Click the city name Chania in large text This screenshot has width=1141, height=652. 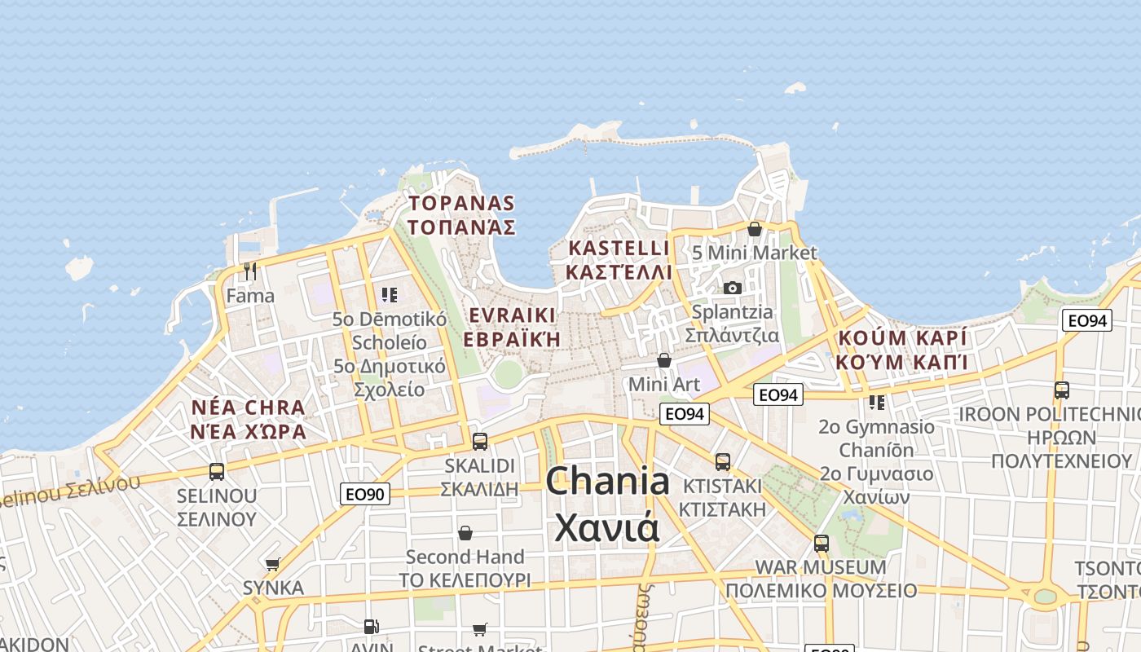tap(607, 481)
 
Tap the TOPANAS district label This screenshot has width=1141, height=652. tap(461, 203)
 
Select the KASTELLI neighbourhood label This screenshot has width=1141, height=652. tap(619, 248)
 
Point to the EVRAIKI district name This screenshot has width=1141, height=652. tap(513, 315)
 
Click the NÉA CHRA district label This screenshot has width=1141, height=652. tap(249, 407)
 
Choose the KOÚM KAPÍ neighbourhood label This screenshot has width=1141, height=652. tap(903, 337)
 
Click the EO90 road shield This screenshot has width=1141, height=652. tap(365, 493)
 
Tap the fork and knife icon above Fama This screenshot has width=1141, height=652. tap(250, 271)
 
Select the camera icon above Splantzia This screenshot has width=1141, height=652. tap(732, 288)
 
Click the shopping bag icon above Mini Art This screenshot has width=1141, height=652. tap(664, 359)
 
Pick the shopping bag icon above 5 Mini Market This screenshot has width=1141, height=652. tap(754, 229)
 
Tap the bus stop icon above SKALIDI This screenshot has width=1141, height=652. tap(480, 442)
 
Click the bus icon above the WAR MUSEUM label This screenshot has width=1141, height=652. tap(821, 543)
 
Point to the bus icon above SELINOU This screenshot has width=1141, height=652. tap(217, 472)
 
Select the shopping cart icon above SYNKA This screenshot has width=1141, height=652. tap(273, 564)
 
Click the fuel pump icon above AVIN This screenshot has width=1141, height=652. tap(371, 627)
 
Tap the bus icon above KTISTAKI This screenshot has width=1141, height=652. tap(722, 462)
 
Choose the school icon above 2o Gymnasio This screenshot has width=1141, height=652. tap(877, 402)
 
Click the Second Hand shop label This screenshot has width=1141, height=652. tap(465, 557)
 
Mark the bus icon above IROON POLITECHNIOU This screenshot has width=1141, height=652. tap(1061, 390)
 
